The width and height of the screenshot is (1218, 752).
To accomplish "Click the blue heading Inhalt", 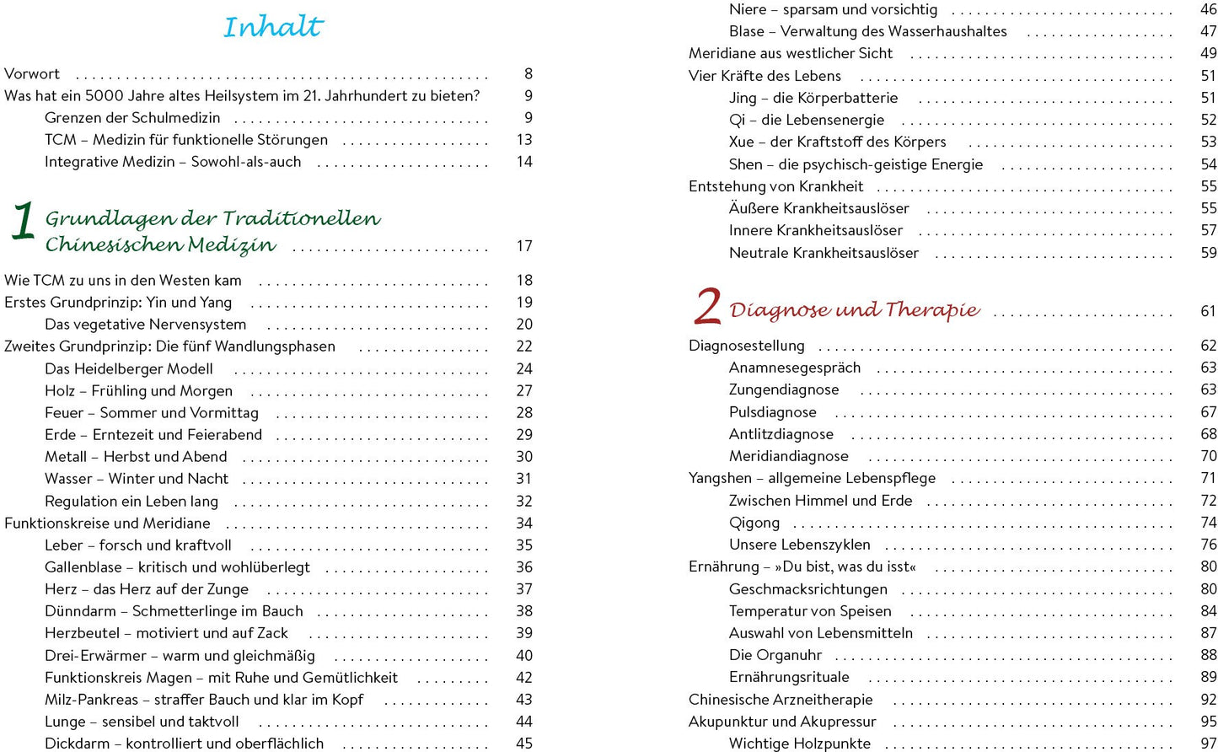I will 273,27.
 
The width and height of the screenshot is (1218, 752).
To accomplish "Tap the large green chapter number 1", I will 23,221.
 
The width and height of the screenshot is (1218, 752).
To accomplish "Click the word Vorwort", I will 32,74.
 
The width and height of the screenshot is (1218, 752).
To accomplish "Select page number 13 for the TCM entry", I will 523,140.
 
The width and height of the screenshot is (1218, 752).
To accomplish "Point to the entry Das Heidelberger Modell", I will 128,368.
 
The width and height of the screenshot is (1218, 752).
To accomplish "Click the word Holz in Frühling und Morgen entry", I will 60,391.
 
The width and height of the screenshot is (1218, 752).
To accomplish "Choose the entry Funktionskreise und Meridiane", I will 107,523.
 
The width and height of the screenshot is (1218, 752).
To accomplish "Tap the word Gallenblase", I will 83,567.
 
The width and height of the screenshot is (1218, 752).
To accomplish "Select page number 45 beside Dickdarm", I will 523,744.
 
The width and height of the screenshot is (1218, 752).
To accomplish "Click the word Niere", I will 747,10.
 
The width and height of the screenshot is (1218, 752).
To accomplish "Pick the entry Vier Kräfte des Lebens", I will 765,76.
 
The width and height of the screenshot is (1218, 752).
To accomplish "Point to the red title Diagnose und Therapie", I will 854,310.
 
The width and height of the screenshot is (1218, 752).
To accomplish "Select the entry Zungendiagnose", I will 783,389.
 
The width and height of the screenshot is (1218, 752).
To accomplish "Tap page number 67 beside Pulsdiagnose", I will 1208,412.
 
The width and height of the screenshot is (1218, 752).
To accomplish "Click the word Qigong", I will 754,523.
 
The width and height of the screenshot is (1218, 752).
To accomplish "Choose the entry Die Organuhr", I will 775,655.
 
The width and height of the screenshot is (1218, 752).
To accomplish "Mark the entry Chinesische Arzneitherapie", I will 780,700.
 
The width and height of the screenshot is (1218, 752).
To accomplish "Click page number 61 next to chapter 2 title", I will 1208,311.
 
